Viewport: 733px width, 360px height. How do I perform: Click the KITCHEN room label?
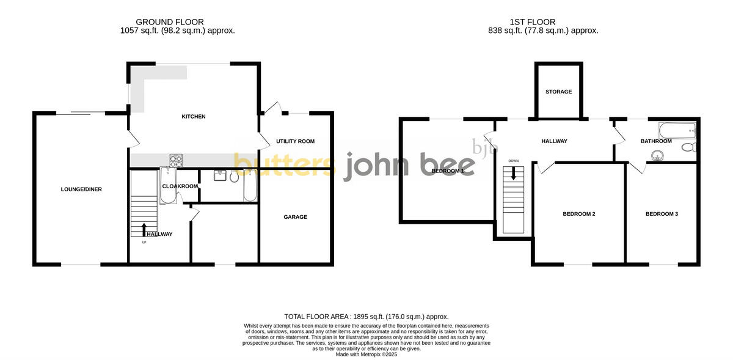click(194, 117)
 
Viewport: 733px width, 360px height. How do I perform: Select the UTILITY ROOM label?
click(295, 141)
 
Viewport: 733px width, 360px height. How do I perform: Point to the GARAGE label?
click(295, 217)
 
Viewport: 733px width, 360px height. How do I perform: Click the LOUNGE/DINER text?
click(81, 189)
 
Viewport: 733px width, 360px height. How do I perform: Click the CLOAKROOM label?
click(180, 186)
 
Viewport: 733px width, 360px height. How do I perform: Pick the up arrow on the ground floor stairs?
click(144, 230)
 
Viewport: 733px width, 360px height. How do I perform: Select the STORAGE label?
click(558, 92)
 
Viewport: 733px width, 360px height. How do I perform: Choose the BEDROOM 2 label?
click(578, 214)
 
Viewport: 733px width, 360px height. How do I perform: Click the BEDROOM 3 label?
click(662, 214)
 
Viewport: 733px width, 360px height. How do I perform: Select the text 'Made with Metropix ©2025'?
click(366, 354)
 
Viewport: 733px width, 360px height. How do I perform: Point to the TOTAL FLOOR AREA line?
click(366, 317)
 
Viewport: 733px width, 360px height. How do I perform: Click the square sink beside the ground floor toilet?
click(221, 175)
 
